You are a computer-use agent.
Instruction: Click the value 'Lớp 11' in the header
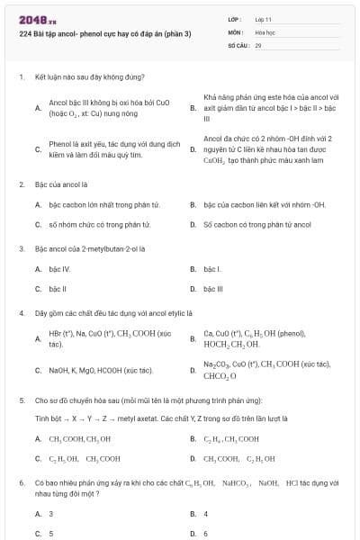click(x=262, y=18)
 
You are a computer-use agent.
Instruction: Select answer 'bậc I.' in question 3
click(x=212, y=268)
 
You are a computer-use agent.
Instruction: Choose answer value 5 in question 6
click(x=50, y=533)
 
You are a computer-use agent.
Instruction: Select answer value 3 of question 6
click(x=50, y=513)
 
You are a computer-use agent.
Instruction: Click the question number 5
click(x=21, y=399)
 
